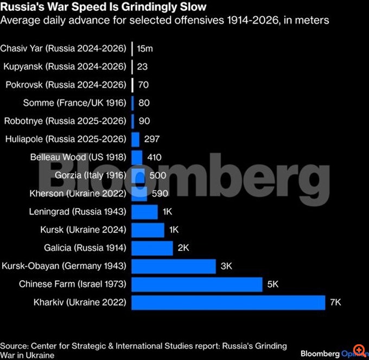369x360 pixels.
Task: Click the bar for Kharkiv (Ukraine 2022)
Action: (228, 302)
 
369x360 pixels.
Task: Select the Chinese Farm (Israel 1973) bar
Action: (197, 284)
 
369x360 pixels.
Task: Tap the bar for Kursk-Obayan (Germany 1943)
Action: (174, 266)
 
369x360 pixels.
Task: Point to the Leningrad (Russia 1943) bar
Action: (144, 211)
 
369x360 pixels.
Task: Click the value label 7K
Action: (336, 302)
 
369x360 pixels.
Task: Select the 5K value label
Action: (273, 284)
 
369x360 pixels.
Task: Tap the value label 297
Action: (152, 139)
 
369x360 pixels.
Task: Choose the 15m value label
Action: (145, 49)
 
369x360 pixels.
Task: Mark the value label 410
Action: (154, 157)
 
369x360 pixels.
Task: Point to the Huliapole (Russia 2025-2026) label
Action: (65, 139)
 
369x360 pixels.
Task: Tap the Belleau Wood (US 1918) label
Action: (78, 157)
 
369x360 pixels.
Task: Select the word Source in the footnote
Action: (14, 346)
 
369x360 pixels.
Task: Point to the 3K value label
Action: (226, 266)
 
